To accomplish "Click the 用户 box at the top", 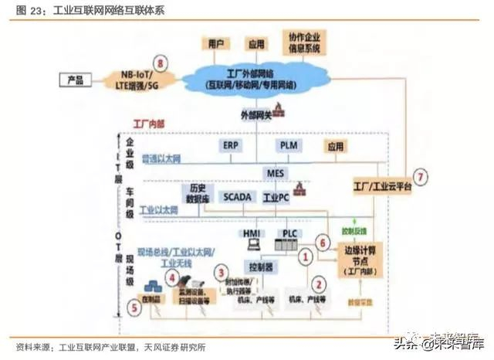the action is (x=215, y=43).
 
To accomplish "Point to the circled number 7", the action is (x=421, y=175).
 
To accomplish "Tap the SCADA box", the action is (x=237, y=197).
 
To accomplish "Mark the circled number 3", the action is (x=222, y=272).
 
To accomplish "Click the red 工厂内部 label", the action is (x=144, y=123).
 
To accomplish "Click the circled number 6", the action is (x=323, y=241).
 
